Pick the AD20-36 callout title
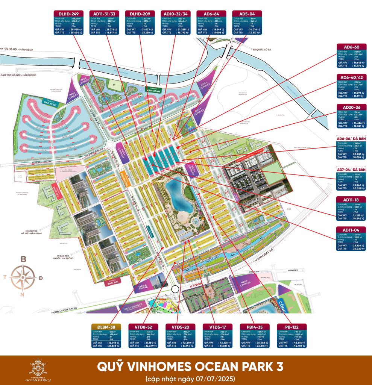point(351,106)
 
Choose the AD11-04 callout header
point(351,230)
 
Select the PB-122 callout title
point(291,327)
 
